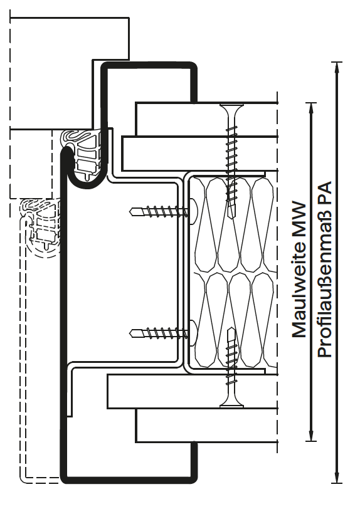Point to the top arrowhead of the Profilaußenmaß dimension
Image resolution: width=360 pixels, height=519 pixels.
pos(337,67)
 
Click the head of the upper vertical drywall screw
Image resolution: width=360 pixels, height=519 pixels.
pos(231,108)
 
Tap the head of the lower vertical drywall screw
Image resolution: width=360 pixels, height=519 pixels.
pos(231,402)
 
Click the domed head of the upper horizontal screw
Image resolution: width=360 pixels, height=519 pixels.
pos(193,211)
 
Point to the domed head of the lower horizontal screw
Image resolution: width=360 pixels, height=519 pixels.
pos(193,333)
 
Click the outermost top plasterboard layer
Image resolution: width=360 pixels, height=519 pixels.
pos(206,119)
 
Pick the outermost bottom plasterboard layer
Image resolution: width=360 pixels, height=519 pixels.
pos(206,425)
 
